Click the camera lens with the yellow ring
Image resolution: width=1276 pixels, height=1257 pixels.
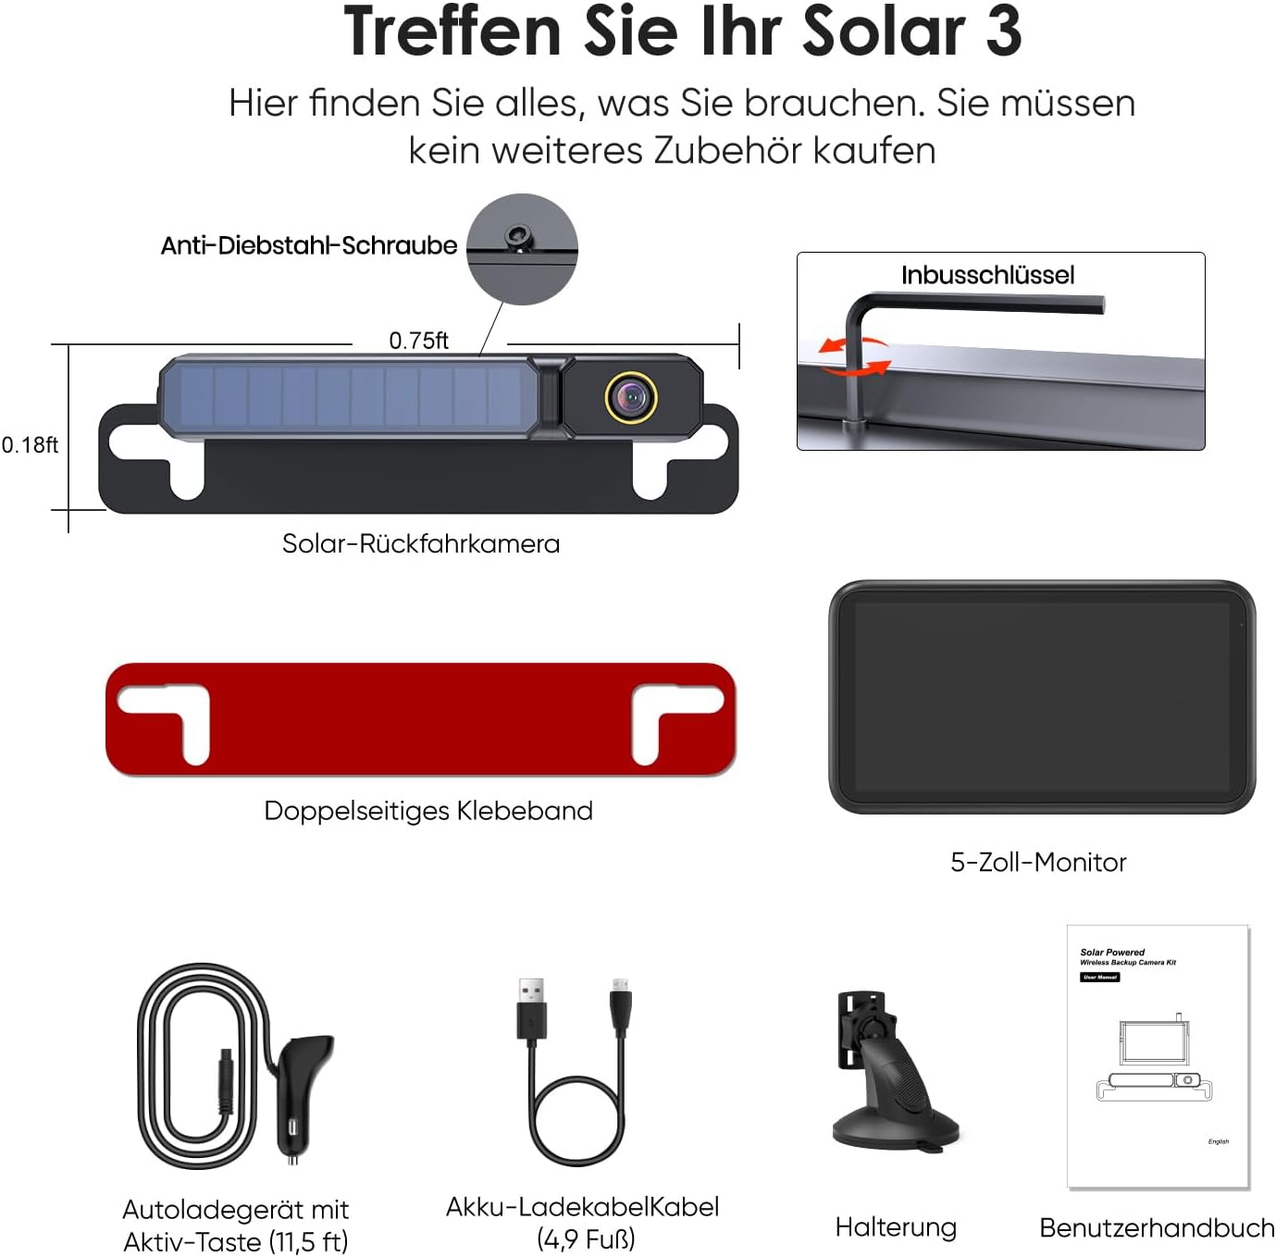tap(631, 398)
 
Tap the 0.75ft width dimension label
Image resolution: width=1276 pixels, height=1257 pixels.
tap(418, 341)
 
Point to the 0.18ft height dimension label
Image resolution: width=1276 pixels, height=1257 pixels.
tap(30, 444)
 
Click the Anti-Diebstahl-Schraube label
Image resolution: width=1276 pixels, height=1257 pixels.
tap(308, 246)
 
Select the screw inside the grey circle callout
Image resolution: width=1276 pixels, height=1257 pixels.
tap(517, 237)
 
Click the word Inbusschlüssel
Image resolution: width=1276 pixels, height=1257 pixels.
tap(987, 275)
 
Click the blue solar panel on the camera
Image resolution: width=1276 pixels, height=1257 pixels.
tap(349, 396)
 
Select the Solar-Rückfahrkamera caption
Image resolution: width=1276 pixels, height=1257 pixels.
tap(421, 544)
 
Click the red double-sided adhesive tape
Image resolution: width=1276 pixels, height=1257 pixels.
tap(421, 719)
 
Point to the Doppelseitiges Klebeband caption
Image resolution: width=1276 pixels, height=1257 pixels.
tap(428, 811)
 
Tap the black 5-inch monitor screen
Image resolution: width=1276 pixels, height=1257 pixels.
tap(1042, 696)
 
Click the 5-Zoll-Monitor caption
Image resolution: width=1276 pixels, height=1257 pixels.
tap(1038, 862)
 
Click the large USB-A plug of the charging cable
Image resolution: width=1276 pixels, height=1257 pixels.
tap(532, 1009)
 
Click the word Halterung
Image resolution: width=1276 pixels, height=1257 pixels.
tap(896, 1226)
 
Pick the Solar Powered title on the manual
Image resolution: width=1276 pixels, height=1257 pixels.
tap(1112, 952)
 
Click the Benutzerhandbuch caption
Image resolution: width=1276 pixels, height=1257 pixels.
tap(1157, 1228)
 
